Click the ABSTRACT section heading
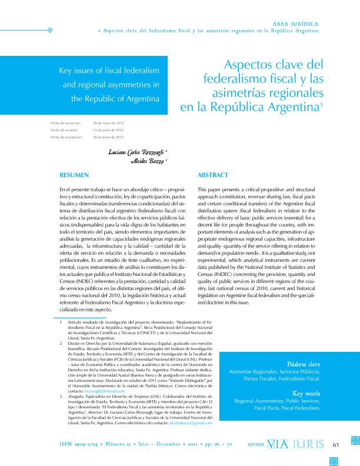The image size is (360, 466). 212,175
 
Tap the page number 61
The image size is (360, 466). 337,444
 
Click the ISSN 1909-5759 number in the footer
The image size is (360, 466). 83,443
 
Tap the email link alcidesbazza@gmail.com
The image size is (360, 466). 190,423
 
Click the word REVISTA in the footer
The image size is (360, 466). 255,444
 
